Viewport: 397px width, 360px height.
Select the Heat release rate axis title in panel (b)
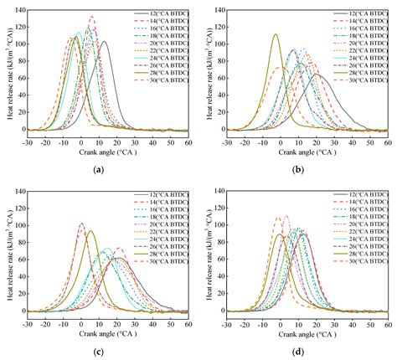208,70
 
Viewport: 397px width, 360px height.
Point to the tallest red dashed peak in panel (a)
91,17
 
